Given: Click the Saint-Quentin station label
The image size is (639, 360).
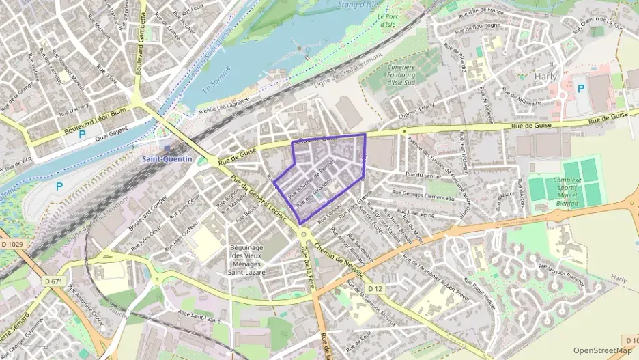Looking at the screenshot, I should pos(167,158).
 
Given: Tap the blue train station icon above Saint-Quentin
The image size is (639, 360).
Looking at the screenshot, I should pos(167,148).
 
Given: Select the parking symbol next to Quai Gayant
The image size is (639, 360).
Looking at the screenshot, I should pos(82,134).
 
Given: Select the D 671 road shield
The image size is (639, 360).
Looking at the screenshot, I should pos(54,281).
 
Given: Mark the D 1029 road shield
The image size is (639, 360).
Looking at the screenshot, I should pos(12,244).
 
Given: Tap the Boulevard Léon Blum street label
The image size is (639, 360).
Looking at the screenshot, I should pos(96,120).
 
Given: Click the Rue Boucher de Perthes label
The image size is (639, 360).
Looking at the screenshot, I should pos(311,178).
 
